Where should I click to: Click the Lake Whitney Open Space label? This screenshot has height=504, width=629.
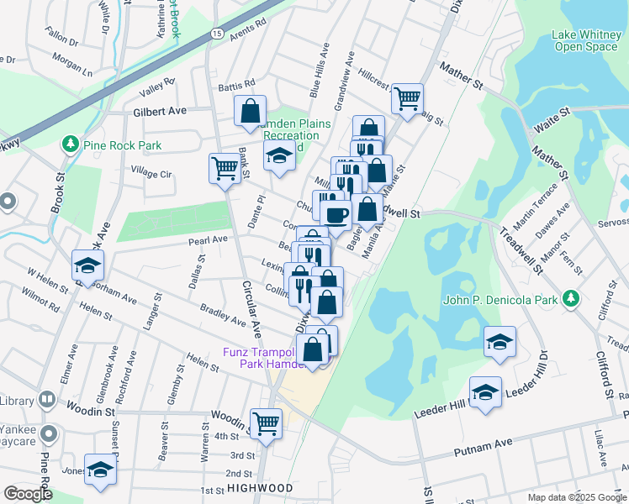(585, 40)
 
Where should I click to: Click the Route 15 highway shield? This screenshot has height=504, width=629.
(217, 33)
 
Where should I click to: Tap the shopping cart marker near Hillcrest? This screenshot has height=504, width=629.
(407, 98)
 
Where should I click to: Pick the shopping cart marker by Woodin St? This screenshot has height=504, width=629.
(267, 423)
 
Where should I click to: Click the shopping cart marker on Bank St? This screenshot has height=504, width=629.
(225, 167)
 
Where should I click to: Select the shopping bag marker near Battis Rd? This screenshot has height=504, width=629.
(251, 111)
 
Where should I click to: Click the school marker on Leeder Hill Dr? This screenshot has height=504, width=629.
(485, 392)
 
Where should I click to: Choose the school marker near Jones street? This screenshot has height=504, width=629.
(100, 470)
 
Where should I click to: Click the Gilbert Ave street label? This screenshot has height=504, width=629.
(158, 111)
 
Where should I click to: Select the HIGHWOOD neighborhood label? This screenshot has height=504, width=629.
(259, 488)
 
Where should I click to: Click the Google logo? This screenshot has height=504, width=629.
(28, 494)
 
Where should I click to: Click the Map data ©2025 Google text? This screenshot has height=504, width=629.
(576, 497)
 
